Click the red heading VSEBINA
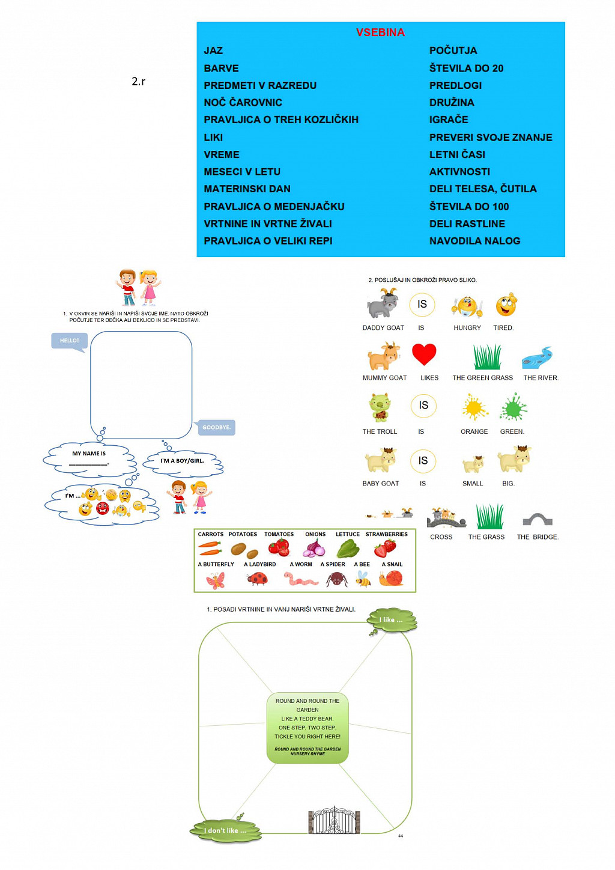[380, 32]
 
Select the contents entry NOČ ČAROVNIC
[243, 102]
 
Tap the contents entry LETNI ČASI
[457, 154]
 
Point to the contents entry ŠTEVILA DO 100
[468, 207]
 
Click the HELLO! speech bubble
[70, 341]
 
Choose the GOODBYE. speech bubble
[216, 427]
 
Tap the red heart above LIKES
[424, 354]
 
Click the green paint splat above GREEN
[513, 408]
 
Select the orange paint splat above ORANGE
[474, 408]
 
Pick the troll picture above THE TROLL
[380, 407]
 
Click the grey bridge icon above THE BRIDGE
[538, 519]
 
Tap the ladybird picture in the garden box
[257, 579]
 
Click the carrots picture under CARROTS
[210, 548]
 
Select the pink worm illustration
[300, 579]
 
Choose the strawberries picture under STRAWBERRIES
[386, 547]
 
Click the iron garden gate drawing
[334, 820]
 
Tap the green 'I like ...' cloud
[392, 620]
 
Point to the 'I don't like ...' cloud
[226, 831]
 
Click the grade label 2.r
[138, 81]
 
